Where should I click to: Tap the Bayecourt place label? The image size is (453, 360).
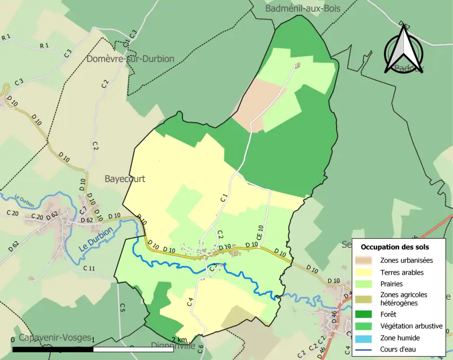tap(125, 179)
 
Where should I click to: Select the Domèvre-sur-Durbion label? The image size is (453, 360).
tap(130, 59)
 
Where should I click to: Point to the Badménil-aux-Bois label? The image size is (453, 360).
tap(302, 8)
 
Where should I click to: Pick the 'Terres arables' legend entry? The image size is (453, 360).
tap(402, 272)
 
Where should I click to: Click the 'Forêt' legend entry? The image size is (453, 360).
tap(388, 314)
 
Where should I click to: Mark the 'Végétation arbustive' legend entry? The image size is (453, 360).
tap(411, 326)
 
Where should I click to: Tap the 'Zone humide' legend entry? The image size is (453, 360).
tap(400, 338)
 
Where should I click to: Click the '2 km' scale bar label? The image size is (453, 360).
tap(179, 340)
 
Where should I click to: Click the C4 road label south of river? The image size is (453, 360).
tap(191, 301)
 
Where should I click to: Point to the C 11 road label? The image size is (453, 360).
tap(89, 268)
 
